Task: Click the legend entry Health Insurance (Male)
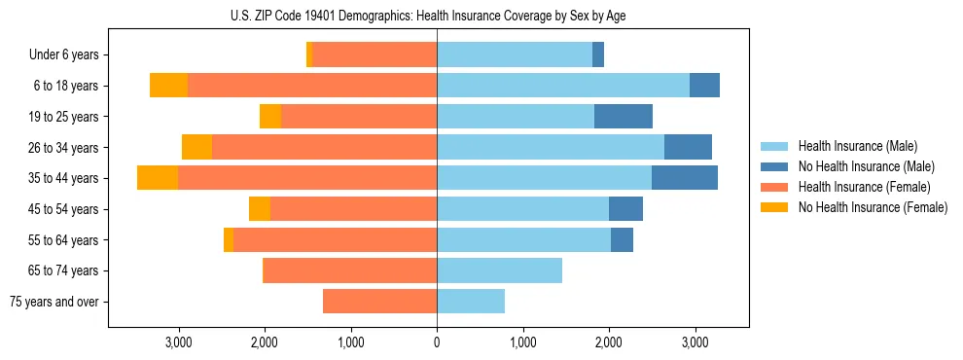coord(857,146)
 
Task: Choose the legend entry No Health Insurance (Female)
coord(873,207)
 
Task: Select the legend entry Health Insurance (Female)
coord(864,187)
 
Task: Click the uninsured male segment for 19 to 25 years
coord(624,117)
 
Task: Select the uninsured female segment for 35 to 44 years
coord(158,178)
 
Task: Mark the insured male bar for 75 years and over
coord(471,302)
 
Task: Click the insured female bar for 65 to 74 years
coord(350,270)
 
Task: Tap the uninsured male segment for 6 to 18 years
coord(704,86)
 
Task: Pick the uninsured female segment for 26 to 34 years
coord(196,147)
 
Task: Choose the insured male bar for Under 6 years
coord(515,54)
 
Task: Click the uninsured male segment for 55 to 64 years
coord(622,239)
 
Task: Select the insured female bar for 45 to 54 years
coord(353,209)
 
